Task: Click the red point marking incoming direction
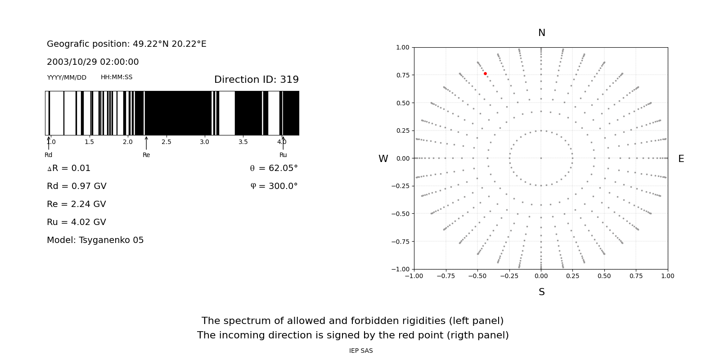click(x=485, y=73)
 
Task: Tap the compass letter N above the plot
click(x=541, y=33)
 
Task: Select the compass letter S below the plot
click(x=541, y=292)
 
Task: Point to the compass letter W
click(x=383, y=159)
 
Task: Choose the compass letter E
click(x=681, y=159)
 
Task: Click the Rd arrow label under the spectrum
click(x=48, y=155)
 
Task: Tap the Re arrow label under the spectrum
click(x=146, y=155)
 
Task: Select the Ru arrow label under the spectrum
click(x=283, y=155)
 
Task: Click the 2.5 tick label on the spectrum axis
click(x=166, y=142)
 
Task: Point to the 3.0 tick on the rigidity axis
click(x=205, y=142)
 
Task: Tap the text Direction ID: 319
click(x=256, y=80)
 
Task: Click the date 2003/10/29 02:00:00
click(x=93, y=62)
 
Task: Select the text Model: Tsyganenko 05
click(x=95, y=240)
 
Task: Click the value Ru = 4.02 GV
click(x=76, y=222)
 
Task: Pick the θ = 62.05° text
click(x=274, y=168)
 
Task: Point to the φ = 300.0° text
click(x=274, y=186)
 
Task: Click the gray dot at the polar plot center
click(x=541, y=158)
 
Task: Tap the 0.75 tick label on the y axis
click(x=402, y=75)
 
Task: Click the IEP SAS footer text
click(x=361, y=351)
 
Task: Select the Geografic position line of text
click(x=126, y=44)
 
